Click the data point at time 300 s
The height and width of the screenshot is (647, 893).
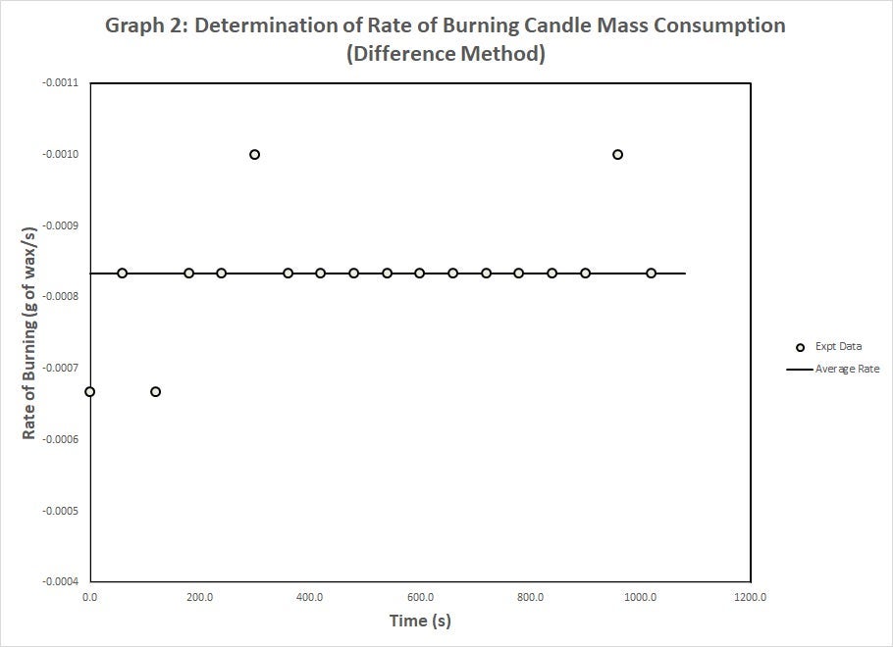pyautogui.click(x=254, y=154)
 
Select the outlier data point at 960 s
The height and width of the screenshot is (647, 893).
pyautogui.click(x=617, y=154)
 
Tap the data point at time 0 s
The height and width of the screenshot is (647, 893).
pyautogui.click(x=89, y=391)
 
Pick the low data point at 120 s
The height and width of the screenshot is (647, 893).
pyautogui.click(x=155, y=391)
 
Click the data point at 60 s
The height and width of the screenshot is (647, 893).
pyautogui.click(x=123, y=273)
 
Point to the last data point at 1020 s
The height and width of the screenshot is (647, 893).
pyautogui.click(x=651, y=273)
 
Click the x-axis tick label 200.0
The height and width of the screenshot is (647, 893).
pyautogui.click(x=199, y=596)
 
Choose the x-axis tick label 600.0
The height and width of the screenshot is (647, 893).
pyautogui.click(x=420, y=596)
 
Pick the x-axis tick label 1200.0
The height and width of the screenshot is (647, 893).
pyautogui.click(x=750, y=596)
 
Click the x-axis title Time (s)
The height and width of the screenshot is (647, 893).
pyautogui.click(x=420, y=621)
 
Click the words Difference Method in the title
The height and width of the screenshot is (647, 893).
pyautogui.click(x=446, y=54)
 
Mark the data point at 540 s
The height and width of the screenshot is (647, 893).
pyautogui.click(x=387, y=273)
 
